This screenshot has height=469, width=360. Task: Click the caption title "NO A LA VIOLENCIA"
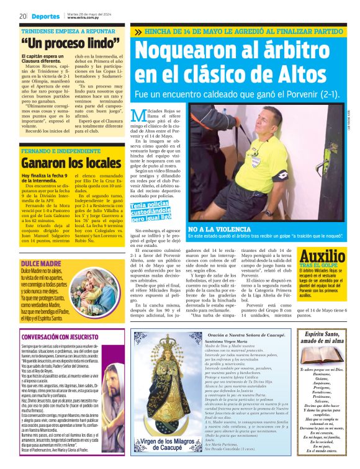pos(217,229)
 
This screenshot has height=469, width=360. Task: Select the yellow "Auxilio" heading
pos(323,256)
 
